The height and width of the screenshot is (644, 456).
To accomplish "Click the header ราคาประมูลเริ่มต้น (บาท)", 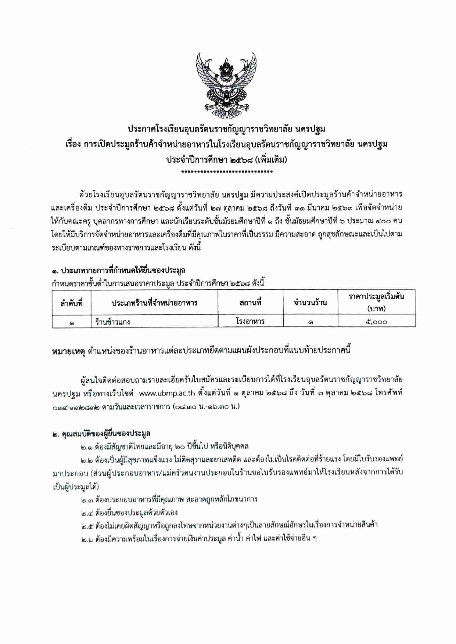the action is tap(376, 302).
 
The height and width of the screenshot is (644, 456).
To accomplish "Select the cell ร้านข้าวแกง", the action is tap(112, 322).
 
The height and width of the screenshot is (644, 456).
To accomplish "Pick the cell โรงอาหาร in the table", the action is tap(250, 322).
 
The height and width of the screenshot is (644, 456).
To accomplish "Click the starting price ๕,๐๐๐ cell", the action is tap(376, 322).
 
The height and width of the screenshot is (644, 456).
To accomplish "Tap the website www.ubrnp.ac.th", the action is tap(167, 393).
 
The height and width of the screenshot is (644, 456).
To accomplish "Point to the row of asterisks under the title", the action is tap(226, 171).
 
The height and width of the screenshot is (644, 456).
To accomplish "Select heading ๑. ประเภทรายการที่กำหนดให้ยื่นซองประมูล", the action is tap(118, 271).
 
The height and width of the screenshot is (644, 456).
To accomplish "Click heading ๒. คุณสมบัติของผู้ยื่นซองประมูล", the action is tap(101, 433).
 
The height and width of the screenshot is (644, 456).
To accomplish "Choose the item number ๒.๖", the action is tap(87, 539).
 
